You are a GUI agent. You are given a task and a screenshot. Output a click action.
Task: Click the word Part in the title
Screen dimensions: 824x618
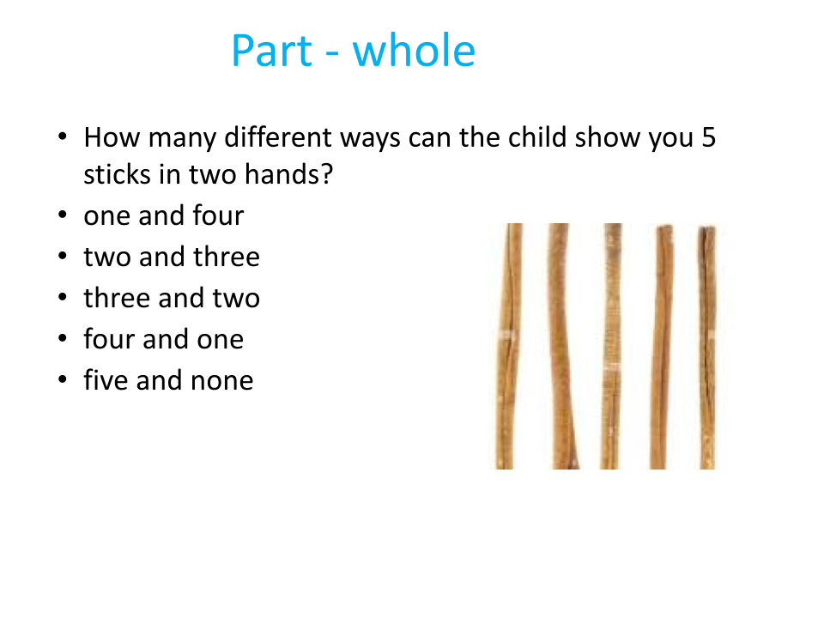click(272, 51)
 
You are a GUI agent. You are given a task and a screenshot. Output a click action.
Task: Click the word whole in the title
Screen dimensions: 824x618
click(414, 50)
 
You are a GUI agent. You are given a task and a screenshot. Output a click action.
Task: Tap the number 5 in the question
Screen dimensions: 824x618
click(709, 137)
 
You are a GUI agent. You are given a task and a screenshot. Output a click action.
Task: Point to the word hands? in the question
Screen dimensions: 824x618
click(289, 174)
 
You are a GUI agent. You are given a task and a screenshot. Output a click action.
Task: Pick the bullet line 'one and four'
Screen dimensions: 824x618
click(164, 215)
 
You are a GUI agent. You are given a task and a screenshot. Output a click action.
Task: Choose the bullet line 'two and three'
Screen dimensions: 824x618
click(172, 257)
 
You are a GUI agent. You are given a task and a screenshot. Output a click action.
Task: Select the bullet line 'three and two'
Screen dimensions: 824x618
click(172, 298)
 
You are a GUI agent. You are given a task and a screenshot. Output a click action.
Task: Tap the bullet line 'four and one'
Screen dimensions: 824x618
click(164, 339)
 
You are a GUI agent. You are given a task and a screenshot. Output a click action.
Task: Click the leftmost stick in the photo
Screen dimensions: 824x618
click(506, 346)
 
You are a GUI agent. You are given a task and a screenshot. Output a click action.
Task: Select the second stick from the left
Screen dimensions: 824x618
click(561, 346)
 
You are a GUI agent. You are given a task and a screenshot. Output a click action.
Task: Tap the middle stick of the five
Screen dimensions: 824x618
click(610, 346)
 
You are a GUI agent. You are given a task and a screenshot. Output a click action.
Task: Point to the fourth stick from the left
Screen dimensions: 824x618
click(661, 347)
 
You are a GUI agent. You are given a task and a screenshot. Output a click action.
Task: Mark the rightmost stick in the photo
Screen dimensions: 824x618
click(707, 347)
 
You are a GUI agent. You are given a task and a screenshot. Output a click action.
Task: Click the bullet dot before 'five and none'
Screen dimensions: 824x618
click(63, 379)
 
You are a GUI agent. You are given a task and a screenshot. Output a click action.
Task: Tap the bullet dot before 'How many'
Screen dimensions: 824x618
click(63, 136)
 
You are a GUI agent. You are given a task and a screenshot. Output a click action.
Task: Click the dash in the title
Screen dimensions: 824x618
click(332, 53)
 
